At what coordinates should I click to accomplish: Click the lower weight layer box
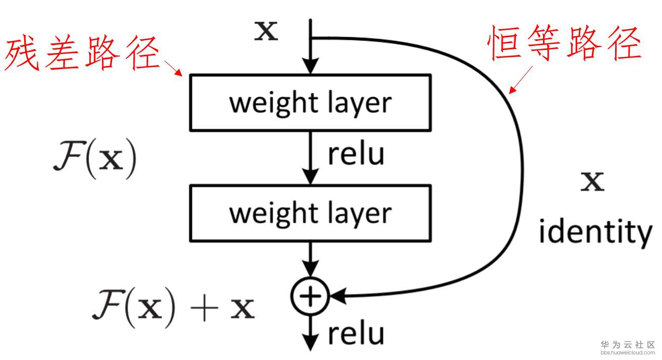(310, 212)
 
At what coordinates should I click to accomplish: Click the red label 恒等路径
(565, 44)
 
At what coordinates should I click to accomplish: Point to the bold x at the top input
(265, 31)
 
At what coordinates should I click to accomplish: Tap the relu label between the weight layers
(356, 154)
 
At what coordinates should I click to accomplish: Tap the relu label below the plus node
(356, 333)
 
